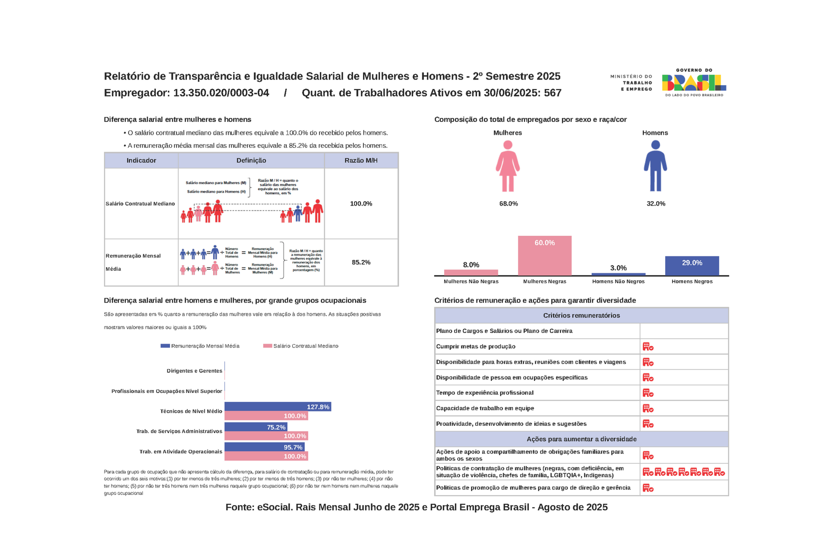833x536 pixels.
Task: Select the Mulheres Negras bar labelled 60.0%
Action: (x=544, y=256)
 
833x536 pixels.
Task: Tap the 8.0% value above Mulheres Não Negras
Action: (x=471, y=265)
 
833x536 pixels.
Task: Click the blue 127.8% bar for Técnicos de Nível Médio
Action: (x=277, y=407)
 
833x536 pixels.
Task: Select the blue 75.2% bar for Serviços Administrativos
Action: (x=255, y=427)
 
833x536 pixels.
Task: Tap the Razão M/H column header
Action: (x=361, y=160)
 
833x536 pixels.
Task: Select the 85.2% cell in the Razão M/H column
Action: (x=361, y=262)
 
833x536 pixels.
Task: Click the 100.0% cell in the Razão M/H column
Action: (x=361, y=204)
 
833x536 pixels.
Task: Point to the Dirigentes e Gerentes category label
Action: (x=194, y=371)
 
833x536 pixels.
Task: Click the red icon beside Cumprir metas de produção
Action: (x=648, y=347)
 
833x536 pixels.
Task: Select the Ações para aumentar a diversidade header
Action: (x=581, y=439)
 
